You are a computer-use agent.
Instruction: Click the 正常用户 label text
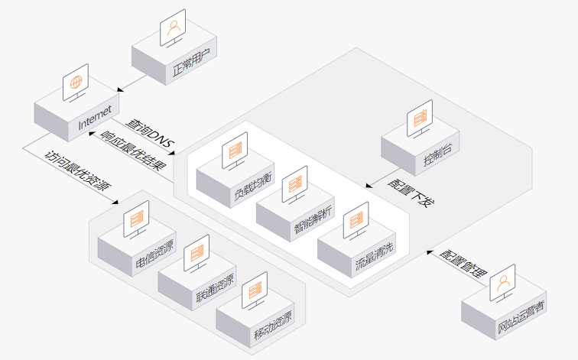click(191, 63)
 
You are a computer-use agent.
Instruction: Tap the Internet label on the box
click(95, 118)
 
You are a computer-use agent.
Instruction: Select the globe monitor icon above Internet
click(76, 83)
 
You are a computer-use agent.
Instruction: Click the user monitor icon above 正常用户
click(173, 28)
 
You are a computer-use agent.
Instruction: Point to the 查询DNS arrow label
click(150, 134)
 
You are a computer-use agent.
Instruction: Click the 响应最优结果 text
click(133, 151)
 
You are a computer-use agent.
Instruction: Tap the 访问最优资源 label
click(78, 171)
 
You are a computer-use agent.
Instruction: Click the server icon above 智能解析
click(295, 185)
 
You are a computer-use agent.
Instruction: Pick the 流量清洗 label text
click(374, 256)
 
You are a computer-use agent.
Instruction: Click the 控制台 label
click(438, 154)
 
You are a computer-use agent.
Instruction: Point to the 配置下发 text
click(411, 193)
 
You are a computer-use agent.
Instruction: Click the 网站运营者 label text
click(521, 317)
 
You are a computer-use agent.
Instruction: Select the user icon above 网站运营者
click(503, 284)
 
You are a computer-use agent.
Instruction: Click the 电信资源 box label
click(154, 255)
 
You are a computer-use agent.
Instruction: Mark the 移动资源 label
click(273, 326)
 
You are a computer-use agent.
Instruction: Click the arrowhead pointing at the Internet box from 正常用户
click(120, 89)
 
